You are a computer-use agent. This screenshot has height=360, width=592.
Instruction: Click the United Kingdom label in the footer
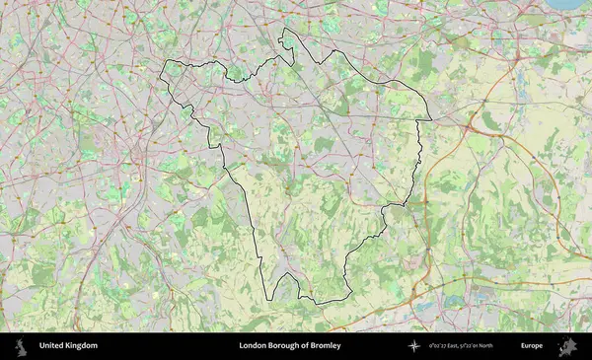pyautogui.click(x=68, y=346)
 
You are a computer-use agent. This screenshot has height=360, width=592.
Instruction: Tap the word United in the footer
pyautogui.click(x=52, y=346)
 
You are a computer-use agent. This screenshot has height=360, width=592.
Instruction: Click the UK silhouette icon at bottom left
pyautogui.click(x=21, y=346)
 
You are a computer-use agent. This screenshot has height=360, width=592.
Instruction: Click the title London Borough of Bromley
pyautogui.click(x=289, y=346)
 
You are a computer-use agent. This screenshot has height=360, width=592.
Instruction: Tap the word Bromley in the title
pyautogui.click(x=325, y=346)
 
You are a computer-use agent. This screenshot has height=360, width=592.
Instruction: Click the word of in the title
pyautogui.click(x=304, y=346)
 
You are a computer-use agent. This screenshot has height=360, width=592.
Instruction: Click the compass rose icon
pyautogui.click(x=414, y=346)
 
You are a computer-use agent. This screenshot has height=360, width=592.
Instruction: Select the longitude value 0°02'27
pyautogui.click(x=441, y=346)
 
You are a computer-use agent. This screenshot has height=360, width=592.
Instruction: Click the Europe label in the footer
pyautogui.click(x=532, y=346)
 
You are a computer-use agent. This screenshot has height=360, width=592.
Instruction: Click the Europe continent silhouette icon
pyautogui.click(x=567, y=346)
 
